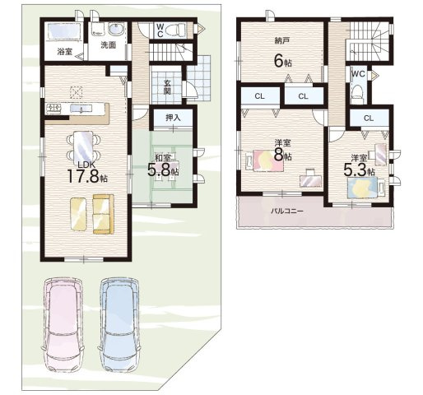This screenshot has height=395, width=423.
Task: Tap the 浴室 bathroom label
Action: point(65,51)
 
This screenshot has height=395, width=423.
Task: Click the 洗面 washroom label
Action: point(108,45)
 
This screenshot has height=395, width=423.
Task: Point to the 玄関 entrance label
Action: point(167,87)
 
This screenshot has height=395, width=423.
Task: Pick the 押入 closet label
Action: point(173,118)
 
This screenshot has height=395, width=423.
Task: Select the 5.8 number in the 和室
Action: point(159,170)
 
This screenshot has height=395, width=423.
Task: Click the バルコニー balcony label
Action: point(287,211)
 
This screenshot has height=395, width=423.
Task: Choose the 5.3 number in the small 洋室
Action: point(355,170)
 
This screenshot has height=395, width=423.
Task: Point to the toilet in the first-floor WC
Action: point(179,29)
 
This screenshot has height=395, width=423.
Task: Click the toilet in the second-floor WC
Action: point(357,92)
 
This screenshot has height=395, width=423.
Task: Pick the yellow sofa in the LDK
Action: point(103,214)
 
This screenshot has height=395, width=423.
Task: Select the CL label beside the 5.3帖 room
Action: point(369,118)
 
